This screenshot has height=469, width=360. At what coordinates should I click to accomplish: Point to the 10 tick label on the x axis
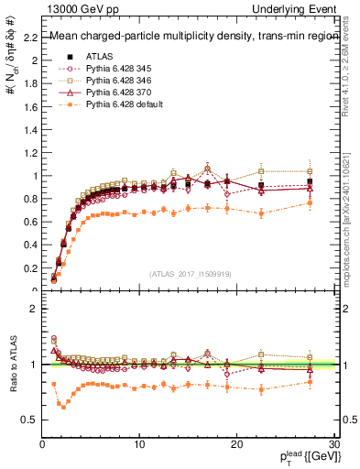(139, 444)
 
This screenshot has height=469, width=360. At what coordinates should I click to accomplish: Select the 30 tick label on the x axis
(334, 444)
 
